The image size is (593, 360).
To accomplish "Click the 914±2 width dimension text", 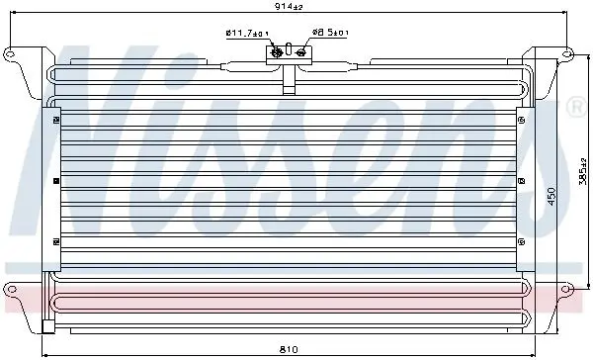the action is (289, 7).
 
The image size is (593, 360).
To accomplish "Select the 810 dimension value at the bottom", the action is (289, 349).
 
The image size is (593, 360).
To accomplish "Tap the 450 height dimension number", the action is (551, 197).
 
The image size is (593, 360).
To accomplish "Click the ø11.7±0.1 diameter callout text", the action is (247, 34).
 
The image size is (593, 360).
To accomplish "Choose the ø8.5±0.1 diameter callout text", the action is (330, 33).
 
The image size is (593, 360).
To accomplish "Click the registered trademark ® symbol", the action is (576, 108).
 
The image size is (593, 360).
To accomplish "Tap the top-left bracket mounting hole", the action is (10, 53).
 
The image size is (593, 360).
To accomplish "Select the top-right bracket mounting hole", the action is (566, 53).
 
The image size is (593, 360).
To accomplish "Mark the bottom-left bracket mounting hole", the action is (11, 290).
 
